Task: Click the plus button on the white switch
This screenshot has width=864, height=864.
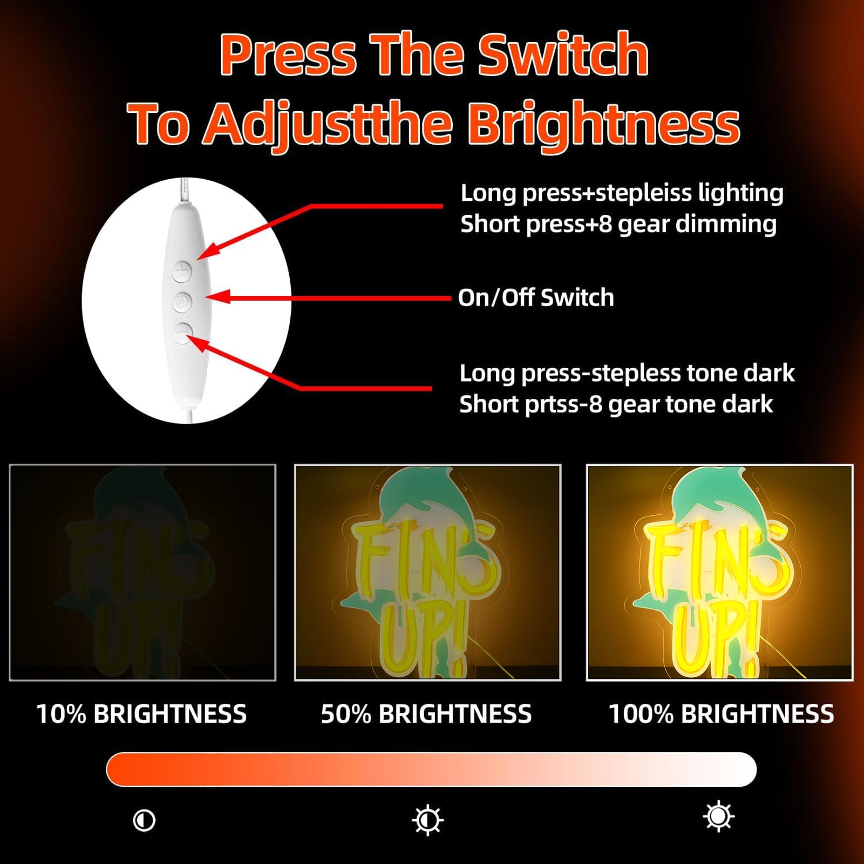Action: tap(182, 271)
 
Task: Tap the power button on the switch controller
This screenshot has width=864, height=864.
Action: tap(182, 302)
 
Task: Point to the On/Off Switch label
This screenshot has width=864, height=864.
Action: tap(536, 297)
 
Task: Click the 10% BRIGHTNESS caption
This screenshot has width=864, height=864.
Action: tap(141, 714)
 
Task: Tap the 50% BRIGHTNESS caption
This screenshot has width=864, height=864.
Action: tap(426, 714)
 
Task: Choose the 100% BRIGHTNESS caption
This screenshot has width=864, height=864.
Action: tap(722, 714)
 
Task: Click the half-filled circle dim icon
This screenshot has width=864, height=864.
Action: tap(144, 820)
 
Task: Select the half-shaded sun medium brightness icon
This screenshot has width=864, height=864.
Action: tap(428, 820)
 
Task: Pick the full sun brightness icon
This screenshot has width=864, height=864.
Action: tap(719, 817)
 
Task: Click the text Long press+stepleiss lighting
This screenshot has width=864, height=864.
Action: tap(622, 193)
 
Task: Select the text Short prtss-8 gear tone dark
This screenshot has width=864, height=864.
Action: tap(616, 404)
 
